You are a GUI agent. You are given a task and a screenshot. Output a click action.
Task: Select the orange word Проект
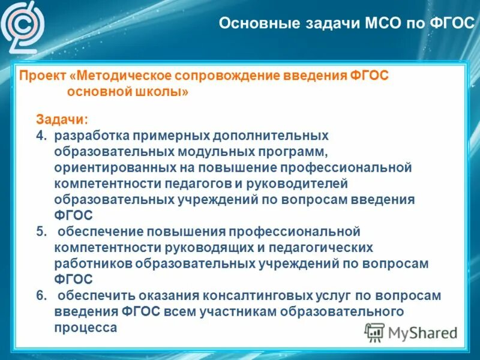[x=43, y=77]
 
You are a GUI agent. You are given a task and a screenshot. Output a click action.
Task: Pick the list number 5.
[x=41, y=231]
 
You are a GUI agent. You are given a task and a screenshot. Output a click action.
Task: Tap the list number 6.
[x=41, y=295]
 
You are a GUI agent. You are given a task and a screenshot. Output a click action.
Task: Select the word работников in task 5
[x=92, y=263]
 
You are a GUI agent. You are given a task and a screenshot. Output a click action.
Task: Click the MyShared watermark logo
[x=411, y=332]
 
